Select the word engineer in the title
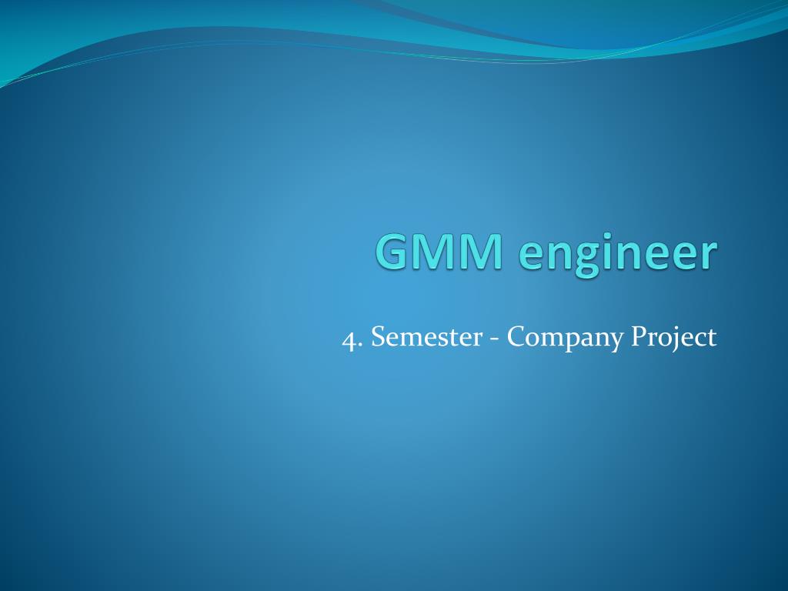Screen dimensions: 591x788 tap(613, 254)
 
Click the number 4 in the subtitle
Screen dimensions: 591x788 tap(350, 338)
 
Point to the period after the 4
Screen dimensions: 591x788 tap(361, 345)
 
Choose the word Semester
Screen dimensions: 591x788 tap(422, 337)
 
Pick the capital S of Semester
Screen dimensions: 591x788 tap(377, 337)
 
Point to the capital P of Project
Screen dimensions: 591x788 tap(638, 337)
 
